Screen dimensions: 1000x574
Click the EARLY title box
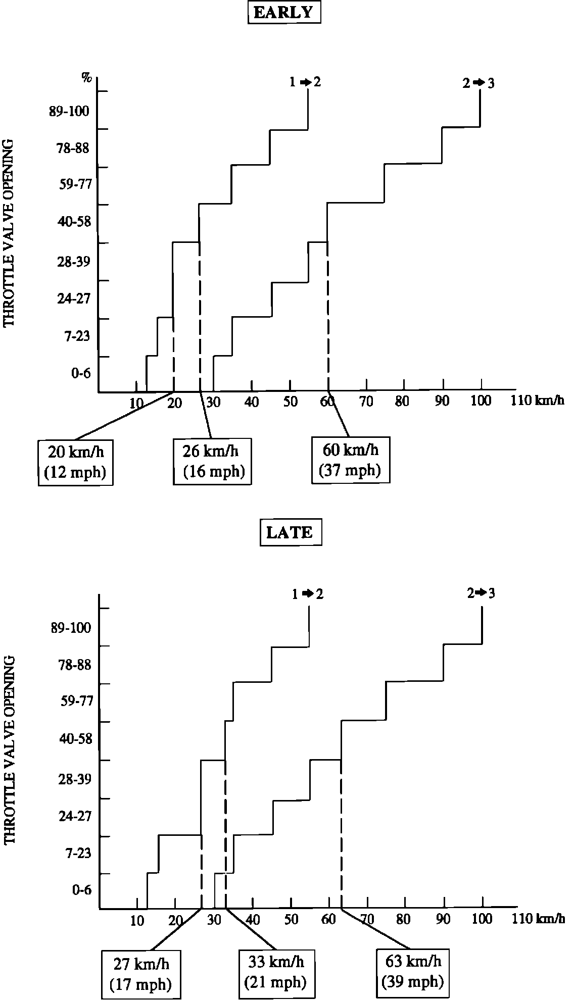coord(283,12)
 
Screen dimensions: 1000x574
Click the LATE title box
coord(290,533)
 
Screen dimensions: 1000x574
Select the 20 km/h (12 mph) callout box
coord(75,462)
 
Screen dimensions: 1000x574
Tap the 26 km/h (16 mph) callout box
coord(213,462)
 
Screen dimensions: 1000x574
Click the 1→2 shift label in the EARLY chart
coord(305,82)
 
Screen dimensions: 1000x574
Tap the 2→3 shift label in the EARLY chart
coord(478,83)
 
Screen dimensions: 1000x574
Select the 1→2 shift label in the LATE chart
coord(307,594)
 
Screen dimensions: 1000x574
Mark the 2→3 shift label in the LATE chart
coord(481,593)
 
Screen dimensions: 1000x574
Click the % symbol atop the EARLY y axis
coord(87,77)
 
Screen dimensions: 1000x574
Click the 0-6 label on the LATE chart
coord(81,889)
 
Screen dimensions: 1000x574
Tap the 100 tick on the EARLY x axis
coord(481,401)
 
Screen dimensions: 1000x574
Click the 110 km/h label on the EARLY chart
coord(536,401)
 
